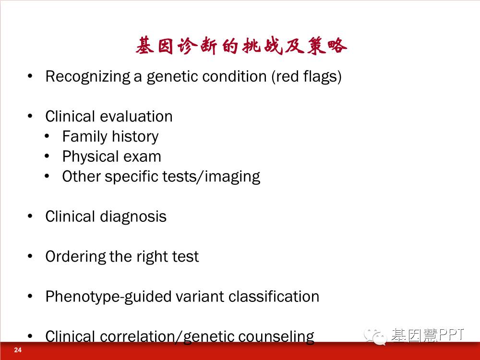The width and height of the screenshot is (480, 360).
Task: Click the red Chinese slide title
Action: [241, 46]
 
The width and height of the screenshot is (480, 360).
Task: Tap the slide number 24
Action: [18, 350]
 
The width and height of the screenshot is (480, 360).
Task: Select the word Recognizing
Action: [88, 76]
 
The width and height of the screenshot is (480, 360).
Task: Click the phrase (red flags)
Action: [306, 76]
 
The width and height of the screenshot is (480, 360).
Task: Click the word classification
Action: [274, 296]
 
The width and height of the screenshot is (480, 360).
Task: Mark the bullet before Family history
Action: [47, 136]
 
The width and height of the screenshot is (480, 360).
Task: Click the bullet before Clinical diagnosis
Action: [30, 216]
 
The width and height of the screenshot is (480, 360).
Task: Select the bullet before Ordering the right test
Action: [30, 256]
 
